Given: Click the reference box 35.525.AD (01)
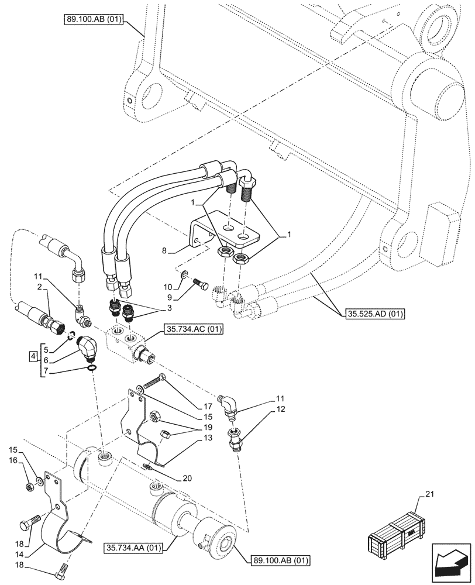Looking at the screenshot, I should [x=373, y=313].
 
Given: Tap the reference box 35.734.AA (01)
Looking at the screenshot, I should [x=133, y=548].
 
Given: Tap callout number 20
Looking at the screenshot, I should [x=186, y=478].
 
